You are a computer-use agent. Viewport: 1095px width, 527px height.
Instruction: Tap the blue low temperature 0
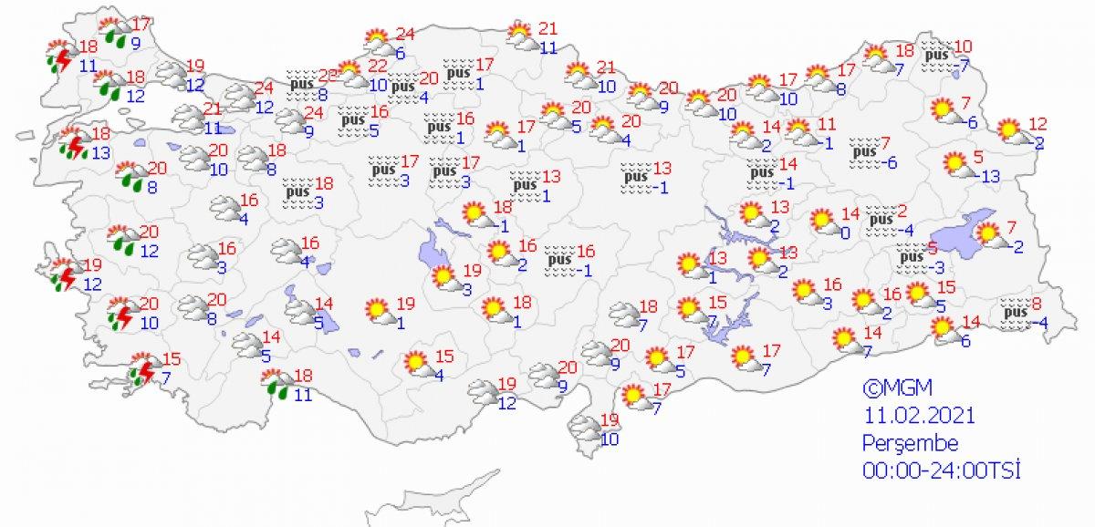(x=846, y=233)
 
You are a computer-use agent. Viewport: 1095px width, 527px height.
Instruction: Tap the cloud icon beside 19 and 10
(x=585, y=428)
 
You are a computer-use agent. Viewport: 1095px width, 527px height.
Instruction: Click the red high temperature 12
(x=1037, y=123)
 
